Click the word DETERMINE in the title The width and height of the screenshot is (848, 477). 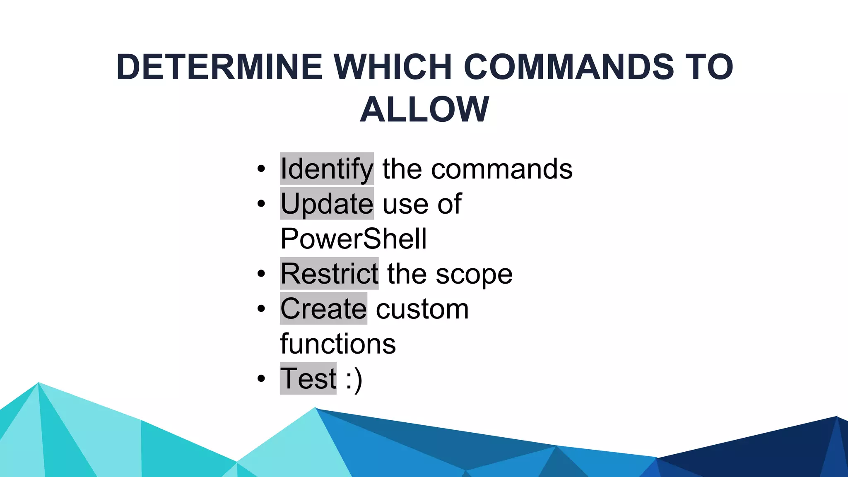(x=219, y=67)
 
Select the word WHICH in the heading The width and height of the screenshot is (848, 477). (x=393, y=67)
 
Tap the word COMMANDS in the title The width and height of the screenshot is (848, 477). (x=569, y=67)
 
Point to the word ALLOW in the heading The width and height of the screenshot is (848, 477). (x=424, y=110)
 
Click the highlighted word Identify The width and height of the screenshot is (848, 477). (x=327, y=169)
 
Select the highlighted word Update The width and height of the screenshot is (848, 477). (x=327, y=204)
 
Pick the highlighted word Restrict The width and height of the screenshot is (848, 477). (x=329, y=274)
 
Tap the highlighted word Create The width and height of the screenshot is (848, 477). (x=323, y=309)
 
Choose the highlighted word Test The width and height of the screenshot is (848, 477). (x=308, y=378)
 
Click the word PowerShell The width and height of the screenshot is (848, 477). (x=353, y=239)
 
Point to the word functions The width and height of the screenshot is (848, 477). (x=338, y=344)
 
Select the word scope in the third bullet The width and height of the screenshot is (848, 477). (x=474, y=275)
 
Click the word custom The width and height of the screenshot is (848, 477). (x=422, y=309)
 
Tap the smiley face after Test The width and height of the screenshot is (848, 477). (x=354, y=379)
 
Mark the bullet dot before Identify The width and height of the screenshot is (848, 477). (x=261, y=169)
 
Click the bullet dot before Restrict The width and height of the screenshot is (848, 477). (x=261, y=274)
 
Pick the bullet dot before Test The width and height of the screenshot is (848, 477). (x=261, y=379)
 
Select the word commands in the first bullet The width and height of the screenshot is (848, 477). (x=502, y=169)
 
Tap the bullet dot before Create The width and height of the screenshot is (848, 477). (x=261, y=309)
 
